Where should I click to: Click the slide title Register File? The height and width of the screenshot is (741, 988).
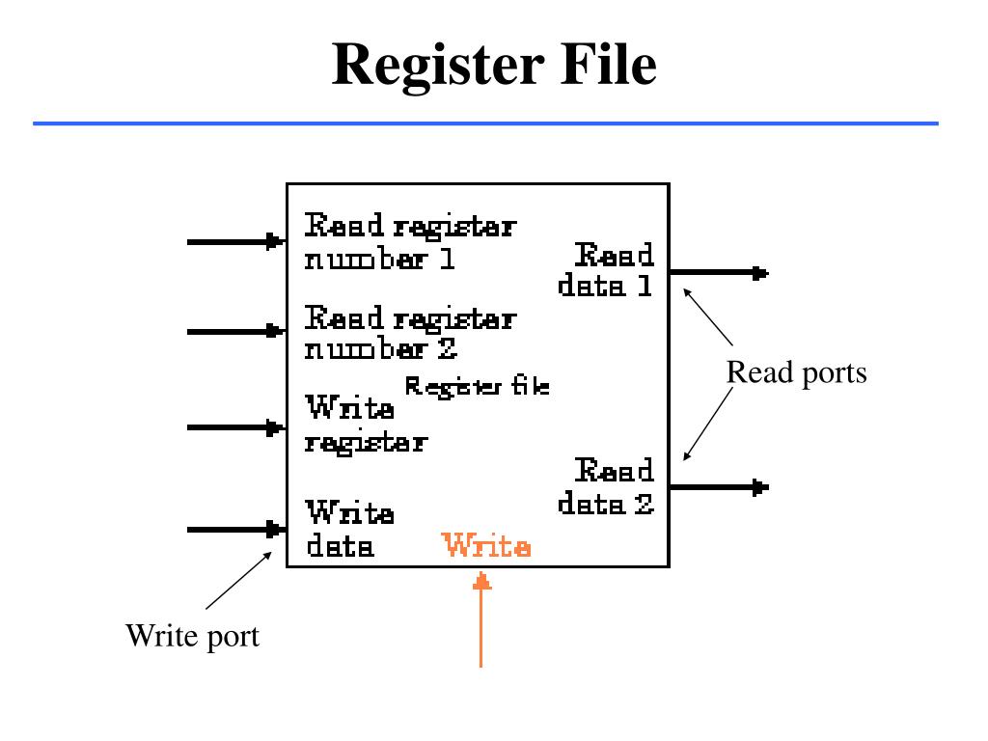point(494,66)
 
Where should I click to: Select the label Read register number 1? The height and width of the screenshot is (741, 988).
point(410,242)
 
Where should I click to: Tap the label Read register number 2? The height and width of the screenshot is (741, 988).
point(410,332)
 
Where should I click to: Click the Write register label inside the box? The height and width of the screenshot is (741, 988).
point(366,425)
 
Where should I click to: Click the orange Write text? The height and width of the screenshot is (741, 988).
point(486,547)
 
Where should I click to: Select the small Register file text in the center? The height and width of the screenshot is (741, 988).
point(477,387)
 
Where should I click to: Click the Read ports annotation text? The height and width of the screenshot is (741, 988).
point(796,372)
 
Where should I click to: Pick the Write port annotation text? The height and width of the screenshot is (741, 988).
point(192,636)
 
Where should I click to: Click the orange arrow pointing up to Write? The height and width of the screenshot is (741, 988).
point(482,617)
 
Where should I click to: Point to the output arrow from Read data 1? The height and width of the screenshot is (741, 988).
point(718,273)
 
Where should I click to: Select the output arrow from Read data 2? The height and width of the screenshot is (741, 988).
point(718,487)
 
